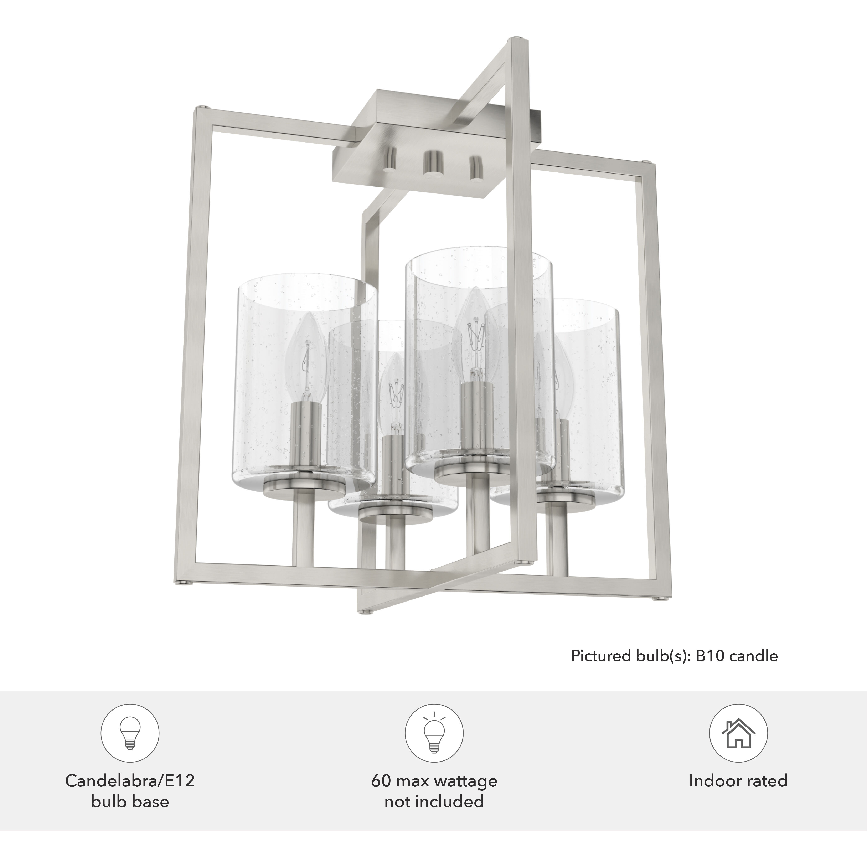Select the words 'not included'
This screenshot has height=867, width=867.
[x=434, y=801]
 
